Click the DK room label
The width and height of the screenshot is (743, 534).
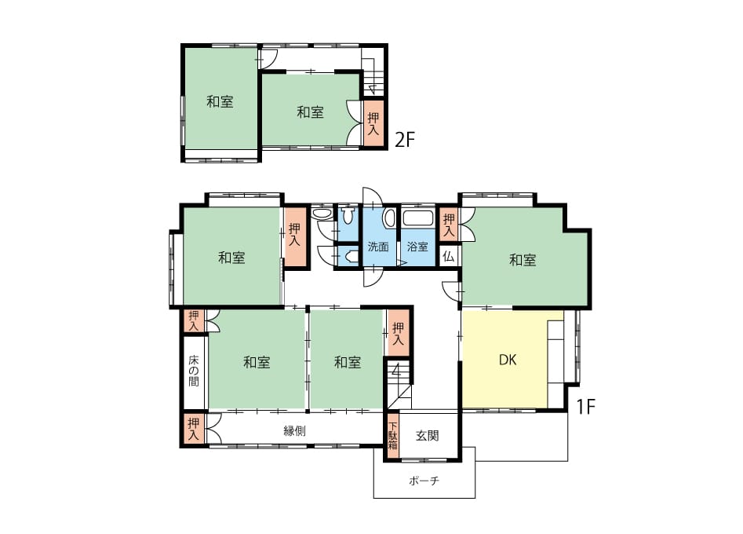tap(508, 360)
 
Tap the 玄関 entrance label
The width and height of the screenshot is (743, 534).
tap(427, 435)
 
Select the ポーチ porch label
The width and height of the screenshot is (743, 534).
tap(424, 481)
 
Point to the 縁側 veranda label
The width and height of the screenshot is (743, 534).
tap(294, 430)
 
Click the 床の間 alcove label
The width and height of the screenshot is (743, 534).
tap(193, 371)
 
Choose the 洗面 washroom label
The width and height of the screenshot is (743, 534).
tap(378, 247)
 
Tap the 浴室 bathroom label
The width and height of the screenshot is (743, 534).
tap(417, 247)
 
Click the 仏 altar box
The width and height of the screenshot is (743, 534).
tap(448, 257)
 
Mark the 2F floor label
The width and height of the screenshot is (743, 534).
tap(405, 140)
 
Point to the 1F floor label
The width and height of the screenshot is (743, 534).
tap(585, 407)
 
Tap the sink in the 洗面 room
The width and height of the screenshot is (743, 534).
tap(389, 218)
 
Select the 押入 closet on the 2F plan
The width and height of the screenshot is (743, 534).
tap(373, 123)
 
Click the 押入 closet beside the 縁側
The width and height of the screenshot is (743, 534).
tap(193, 430)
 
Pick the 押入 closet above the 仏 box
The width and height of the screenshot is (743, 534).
tap(448, 225)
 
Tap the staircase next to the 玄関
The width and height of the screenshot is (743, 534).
tap(398, 384)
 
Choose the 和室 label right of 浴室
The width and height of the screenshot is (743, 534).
tap(523, 260)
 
